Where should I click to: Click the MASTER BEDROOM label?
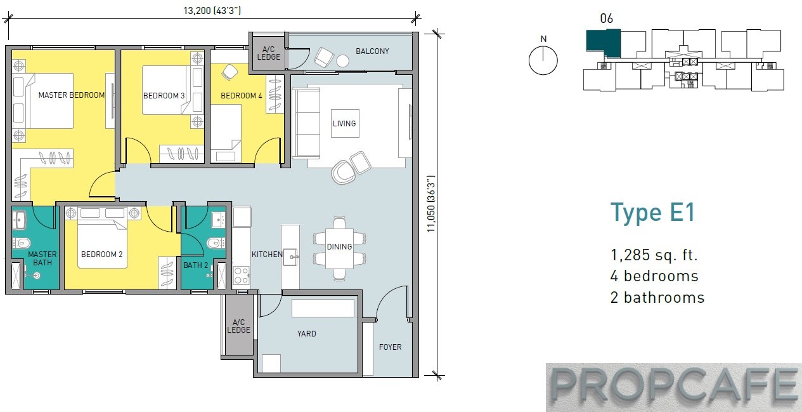72,95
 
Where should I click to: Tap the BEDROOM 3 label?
164,96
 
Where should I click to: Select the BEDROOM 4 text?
242,96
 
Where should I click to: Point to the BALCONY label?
372,51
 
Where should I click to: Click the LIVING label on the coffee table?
344,124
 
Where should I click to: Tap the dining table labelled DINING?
339,248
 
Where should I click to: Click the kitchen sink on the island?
290,256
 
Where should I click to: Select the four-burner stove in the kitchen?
242,276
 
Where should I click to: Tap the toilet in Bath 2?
216,244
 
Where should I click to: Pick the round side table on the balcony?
342,61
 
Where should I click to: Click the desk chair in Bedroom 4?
230,72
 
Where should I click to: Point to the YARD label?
307,334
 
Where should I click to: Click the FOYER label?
391,347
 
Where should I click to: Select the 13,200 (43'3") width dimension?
212,11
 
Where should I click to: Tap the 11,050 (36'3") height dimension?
431,204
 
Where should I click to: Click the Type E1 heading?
653,213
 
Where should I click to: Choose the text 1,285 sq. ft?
654,255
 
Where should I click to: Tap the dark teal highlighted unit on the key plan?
604,43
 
